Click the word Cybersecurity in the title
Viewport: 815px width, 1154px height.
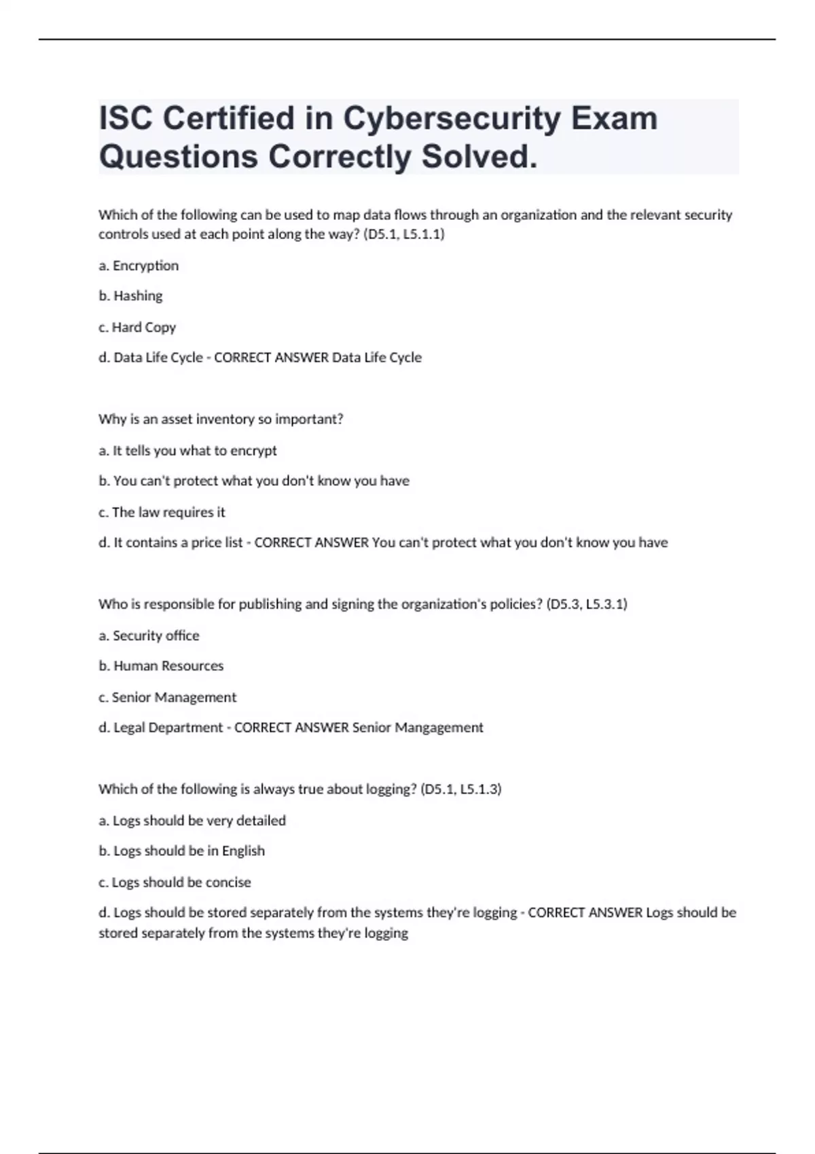451,119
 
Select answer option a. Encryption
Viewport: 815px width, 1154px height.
139,265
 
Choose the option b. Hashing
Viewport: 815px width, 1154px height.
130,296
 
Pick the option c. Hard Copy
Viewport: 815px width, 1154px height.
137,327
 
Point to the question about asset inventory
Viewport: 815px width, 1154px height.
221,420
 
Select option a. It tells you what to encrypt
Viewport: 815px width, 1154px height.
187,451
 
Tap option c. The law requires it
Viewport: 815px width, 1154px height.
162,513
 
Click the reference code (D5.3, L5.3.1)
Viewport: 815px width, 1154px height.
586,604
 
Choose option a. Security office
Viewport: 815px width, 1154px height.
149,636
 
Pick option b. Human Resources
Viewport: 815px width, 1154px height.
161,666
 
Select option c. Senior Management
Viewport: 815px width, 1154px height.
167,697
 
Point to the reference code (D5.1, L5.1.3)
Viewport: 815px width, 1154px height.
460,789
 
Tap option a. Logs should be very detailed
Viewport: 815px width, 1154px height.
192,821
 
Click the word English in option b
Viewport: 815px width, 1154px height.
243,851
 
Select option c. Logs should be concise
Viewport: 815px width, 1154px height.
175,882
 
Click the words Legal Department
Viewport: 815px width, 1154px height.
168,728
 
